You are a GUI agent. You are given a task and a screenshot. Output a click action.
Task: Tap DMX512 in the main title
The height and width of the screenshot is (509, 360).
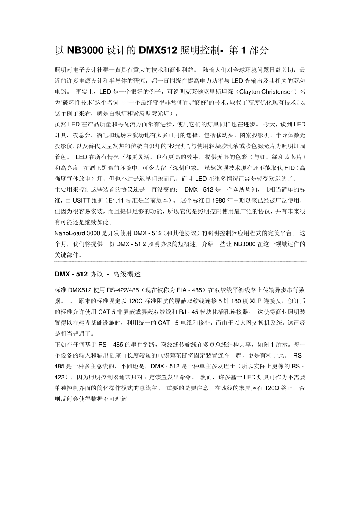tap(158, 50)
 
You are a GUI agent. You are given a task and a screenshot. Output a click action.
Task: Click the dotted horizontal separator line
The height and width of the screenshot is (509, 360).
tap(180, 262)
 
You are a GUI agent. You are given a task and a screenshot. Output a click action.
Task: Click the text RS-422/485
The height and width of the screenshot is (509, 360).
tap(123, 290)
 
